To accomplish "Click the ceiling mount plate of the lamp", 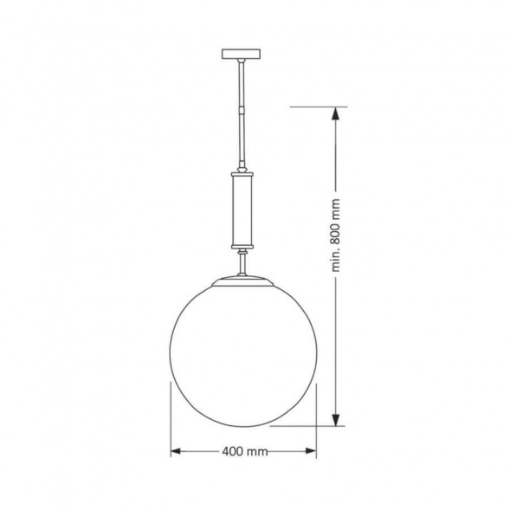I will (243, 55).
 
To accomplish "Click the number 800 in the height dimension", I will (337, 226).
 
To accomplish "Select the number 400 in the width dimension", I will (232, 452).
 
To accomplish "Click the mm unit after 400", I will (257, 452).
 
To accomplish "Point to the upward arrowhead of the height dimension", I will (336, 113).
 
